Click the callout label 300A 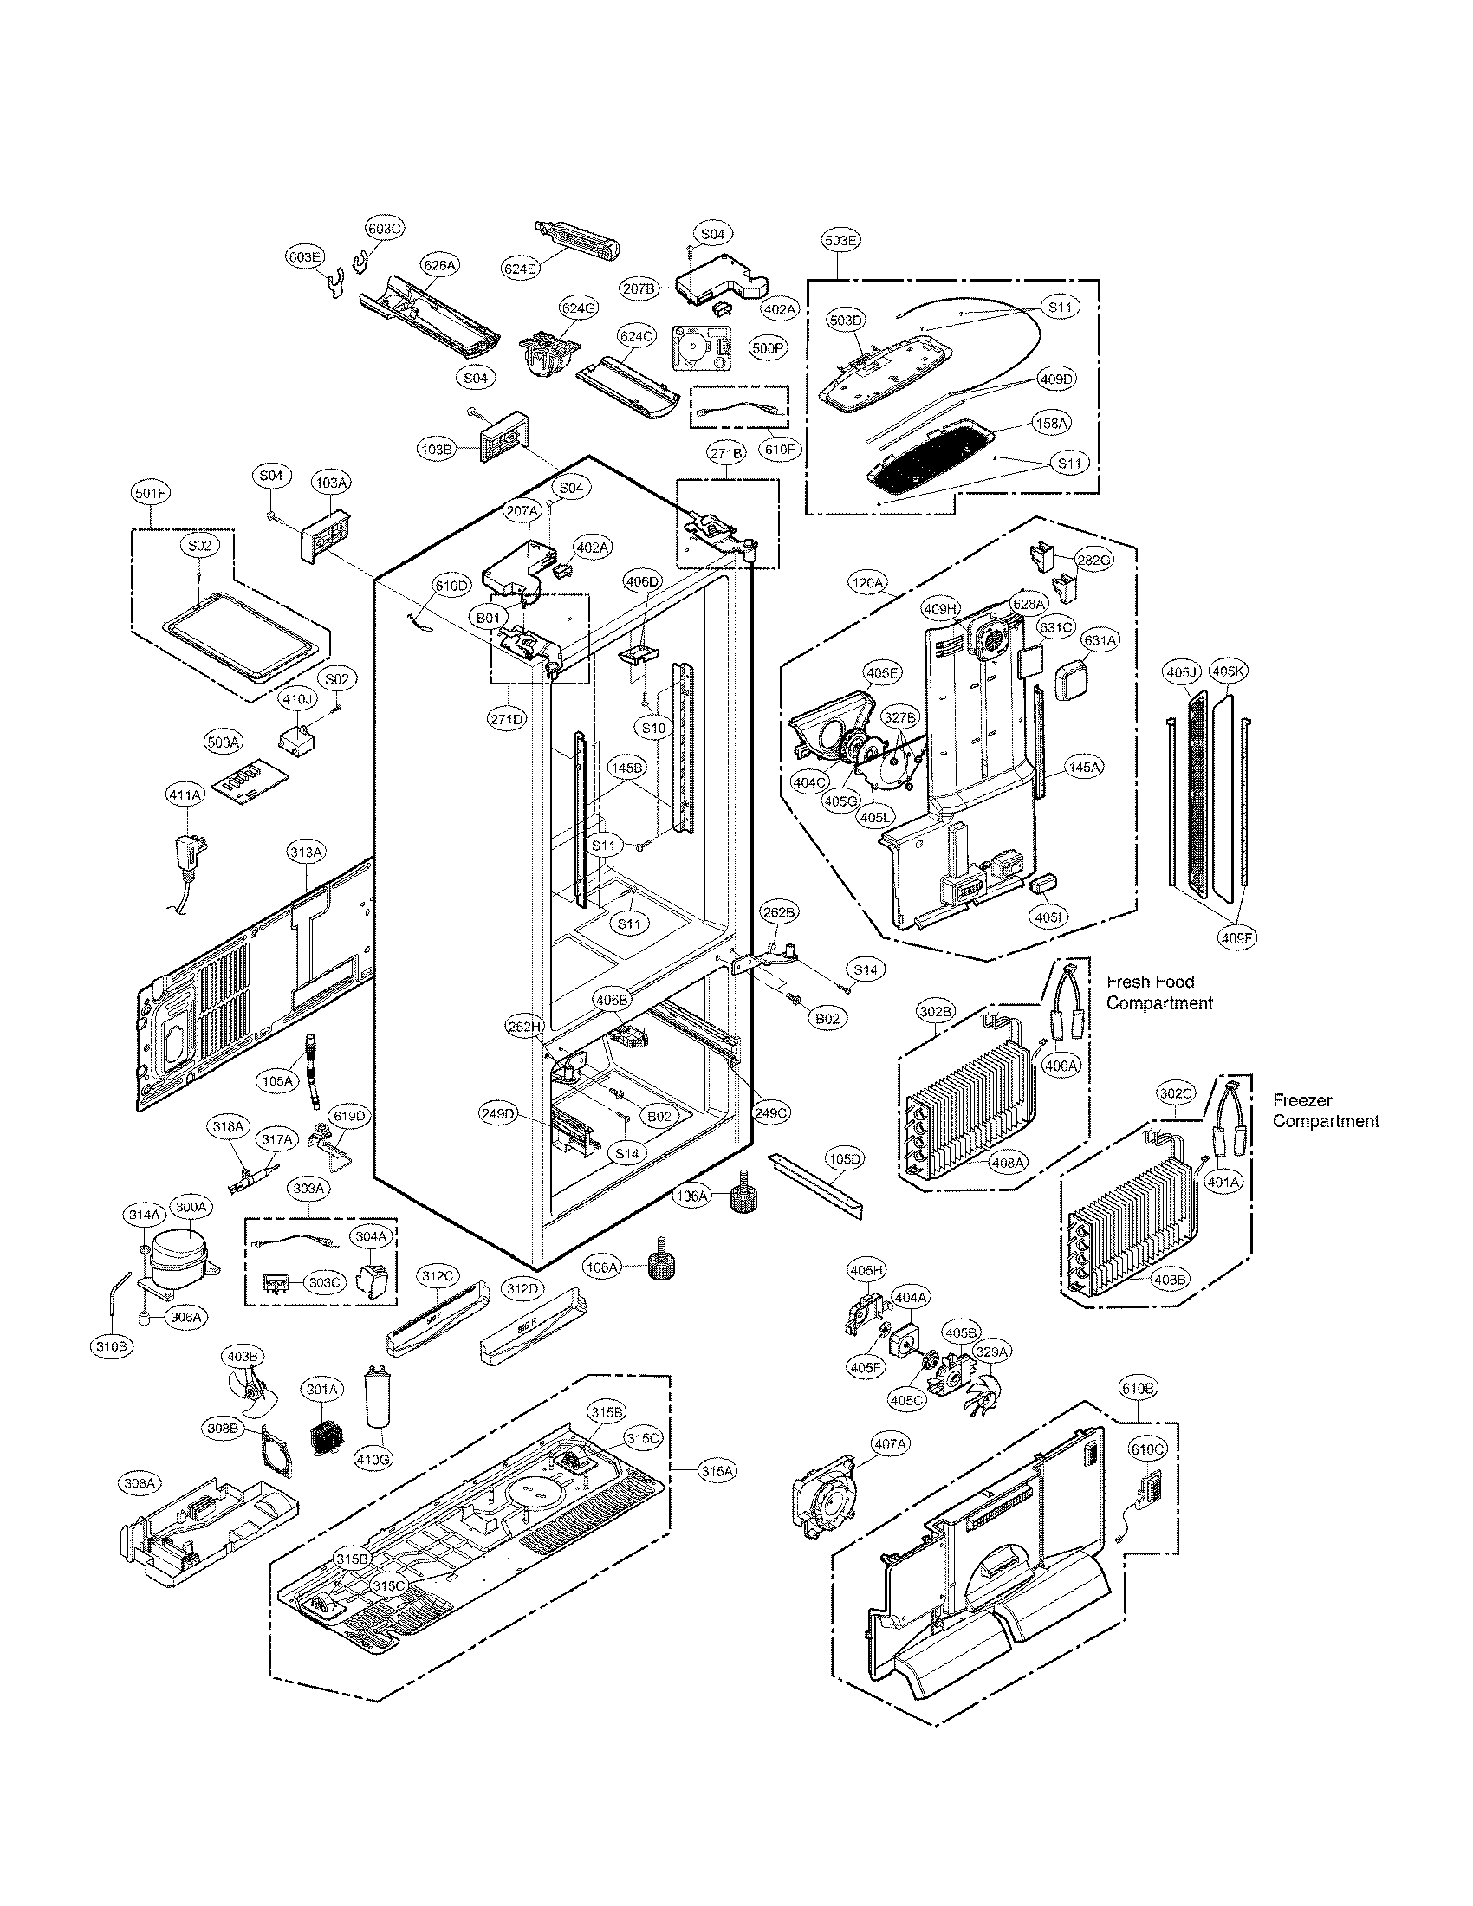coord(191,1207)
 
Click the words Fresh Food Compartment coord(1158,992)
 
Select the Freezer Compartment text coord(1325,1111)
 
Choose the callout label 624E coord(520,269)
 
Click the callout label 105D coord(844,1159)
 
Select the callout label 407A coord(890,1445)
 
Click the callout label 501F coord(151,494)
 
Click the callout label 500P coord(768,347)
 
